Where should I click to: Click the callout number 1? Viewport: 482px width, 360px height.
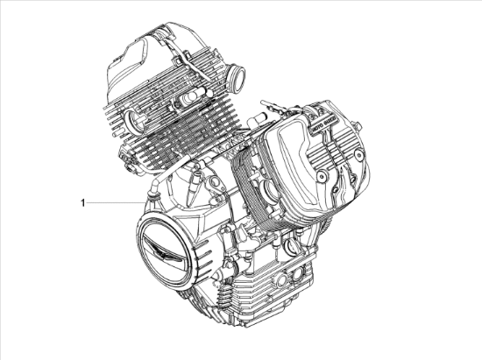[x=83, y=202]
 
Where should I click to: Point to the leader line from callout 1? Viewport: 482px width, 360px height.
[x=114, y=202]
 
